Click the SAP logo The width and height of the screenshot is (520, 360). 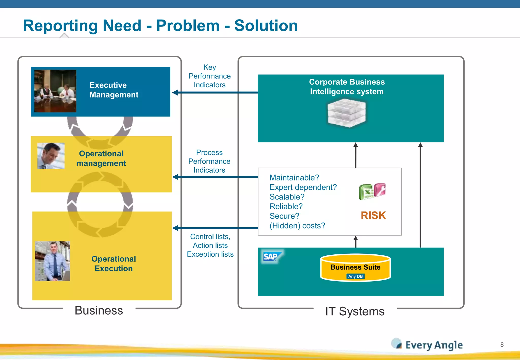coord(271,257)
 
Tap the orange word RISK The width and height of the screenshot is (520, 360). coord(373,216)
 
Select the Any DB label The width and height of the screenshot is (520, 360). coord(355,276)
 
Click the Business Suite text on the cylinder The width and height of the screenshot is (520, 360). coord(355,267)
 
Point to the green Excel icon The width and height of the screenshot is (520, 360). coord(366,192)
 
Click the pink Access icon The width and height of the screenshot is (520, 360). coord(380,190)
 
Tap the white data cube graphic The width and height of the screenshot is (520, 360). coord(347,113)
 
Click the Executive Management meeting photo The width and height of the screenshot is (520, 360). coord(55,91)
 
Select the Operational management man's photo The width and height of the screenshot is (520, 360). coord(51,156)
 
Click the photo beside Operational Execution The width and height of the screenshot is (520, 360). coord(52,261)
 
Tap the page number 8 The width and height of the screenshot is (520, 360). coord(502,345)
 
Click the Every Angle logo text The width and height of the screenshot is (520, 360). coord(434,345)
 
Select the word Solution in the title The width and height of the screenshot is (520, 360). coord(266,26)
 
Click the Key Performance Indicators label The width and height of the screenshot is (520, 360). coord(209,76)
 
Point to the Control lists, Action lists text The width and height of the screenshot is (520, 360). coord(210,241)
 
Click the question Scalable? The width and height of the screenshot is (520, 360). coord(287,197)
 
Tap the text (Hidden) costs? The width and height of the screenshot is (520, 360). coord(297,226)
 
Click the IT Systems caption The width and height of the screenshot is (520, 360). coord(355,311)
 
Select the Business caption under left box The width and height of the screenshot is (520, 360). coord(99,310)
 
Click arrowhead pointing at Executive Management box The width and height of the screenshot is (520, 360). coord(175,93)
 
